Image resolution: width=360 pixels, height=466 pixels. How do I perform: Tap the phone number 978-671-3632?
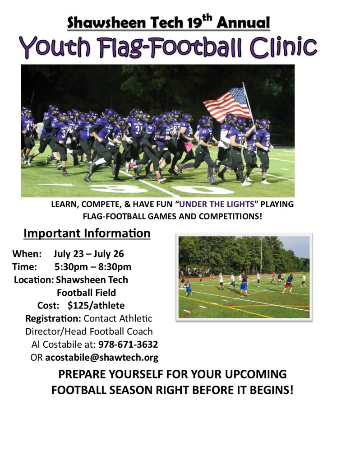(128, 345)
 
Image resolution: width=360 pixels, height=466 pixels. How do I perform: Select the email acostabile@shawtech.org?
(102, 358)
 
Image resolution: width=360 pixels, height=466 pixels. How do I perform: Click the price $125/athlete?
(96, 305)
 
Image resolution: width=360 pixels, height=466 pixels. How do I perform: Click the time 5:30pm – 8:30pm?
(93, 266)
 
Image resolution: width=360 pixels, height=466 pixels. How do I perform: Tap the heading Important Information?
(87, 233)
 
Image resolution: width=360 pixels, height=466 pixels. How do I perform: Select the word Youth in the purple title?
(51, 47)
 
